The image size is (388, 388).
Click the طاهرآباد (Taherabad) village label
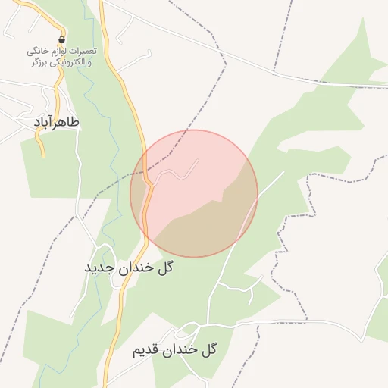point(57,121)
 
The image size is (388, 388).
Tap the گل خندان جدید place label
point(128,268)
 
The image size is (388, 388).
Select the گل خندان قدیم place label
point(175,349)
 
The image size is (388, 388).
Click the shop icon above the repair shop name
point(61,40)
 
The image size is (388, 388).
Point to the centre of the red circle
point(194,193)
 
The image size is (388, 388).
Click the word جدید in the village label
point(99,268)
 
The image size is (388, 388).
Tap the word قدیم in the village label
point(145,350)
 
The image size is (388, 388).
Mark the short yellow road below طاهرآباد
point(41,144)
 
